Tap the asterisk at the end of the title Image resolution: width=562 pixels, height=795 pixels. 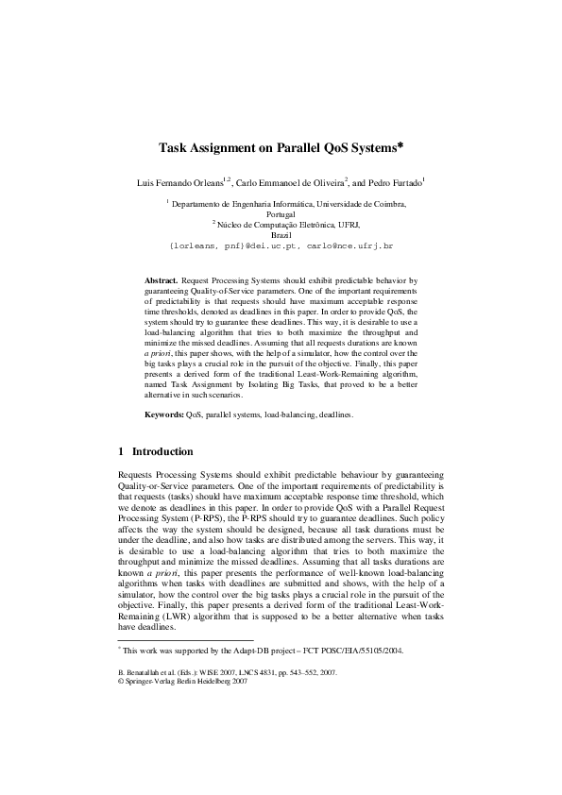400,146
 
